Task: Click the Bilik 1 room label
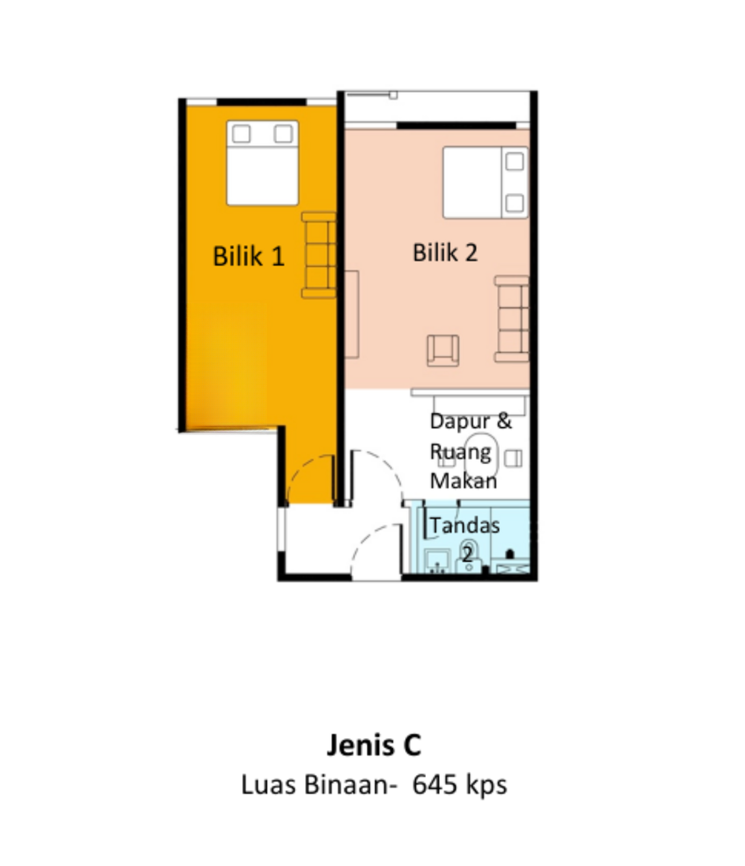(x=249, y=256)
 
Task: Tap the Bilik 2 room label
(x=445, y=253)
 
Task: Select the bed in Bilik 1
(x=262, y=163)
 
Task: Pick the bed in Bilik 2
(x=485, y=182)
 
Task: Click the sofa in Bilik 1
(x=319, y=255)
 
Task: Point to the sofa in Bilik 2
(x=512, y=319)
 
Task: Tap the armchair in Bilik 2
(x=443, y=350)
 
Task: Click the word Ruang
(x=460, y=453)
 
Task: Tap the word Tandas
(x=465, y=525)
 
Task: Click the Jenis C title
(x=374, y=745)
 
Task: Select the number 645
(x=434, y=785)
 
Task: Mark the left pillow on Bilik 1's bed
(x=241, y=134)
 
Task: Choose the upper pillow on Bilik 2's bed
(x=515, y=161)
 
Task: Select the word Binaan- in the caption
(x=351, y=785)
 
